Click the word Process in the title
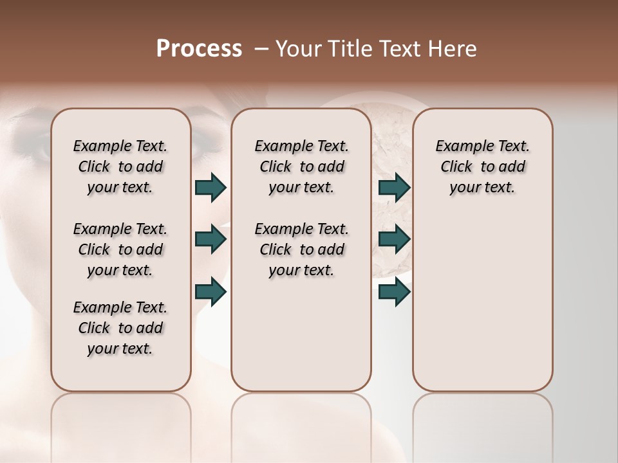pos(199,49)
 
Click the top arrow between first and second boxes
pos(211,187)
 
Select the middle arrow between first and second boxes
pos(211,239)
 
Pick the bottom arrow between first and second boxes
pos(211,291)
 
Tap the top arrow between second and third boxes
pos(394,187)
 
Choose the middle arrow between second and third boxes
pos(394,239)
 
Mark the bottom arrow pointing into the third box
pos(394,291)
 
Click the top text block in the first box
pos(120,167)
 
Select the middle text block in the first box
pos(120,250)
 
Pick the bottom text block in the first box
pos(120,328)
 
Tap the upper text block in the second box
pos(301,167)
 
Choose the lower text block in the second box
pos(301,250)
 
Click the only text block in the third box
pos(482,167)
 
